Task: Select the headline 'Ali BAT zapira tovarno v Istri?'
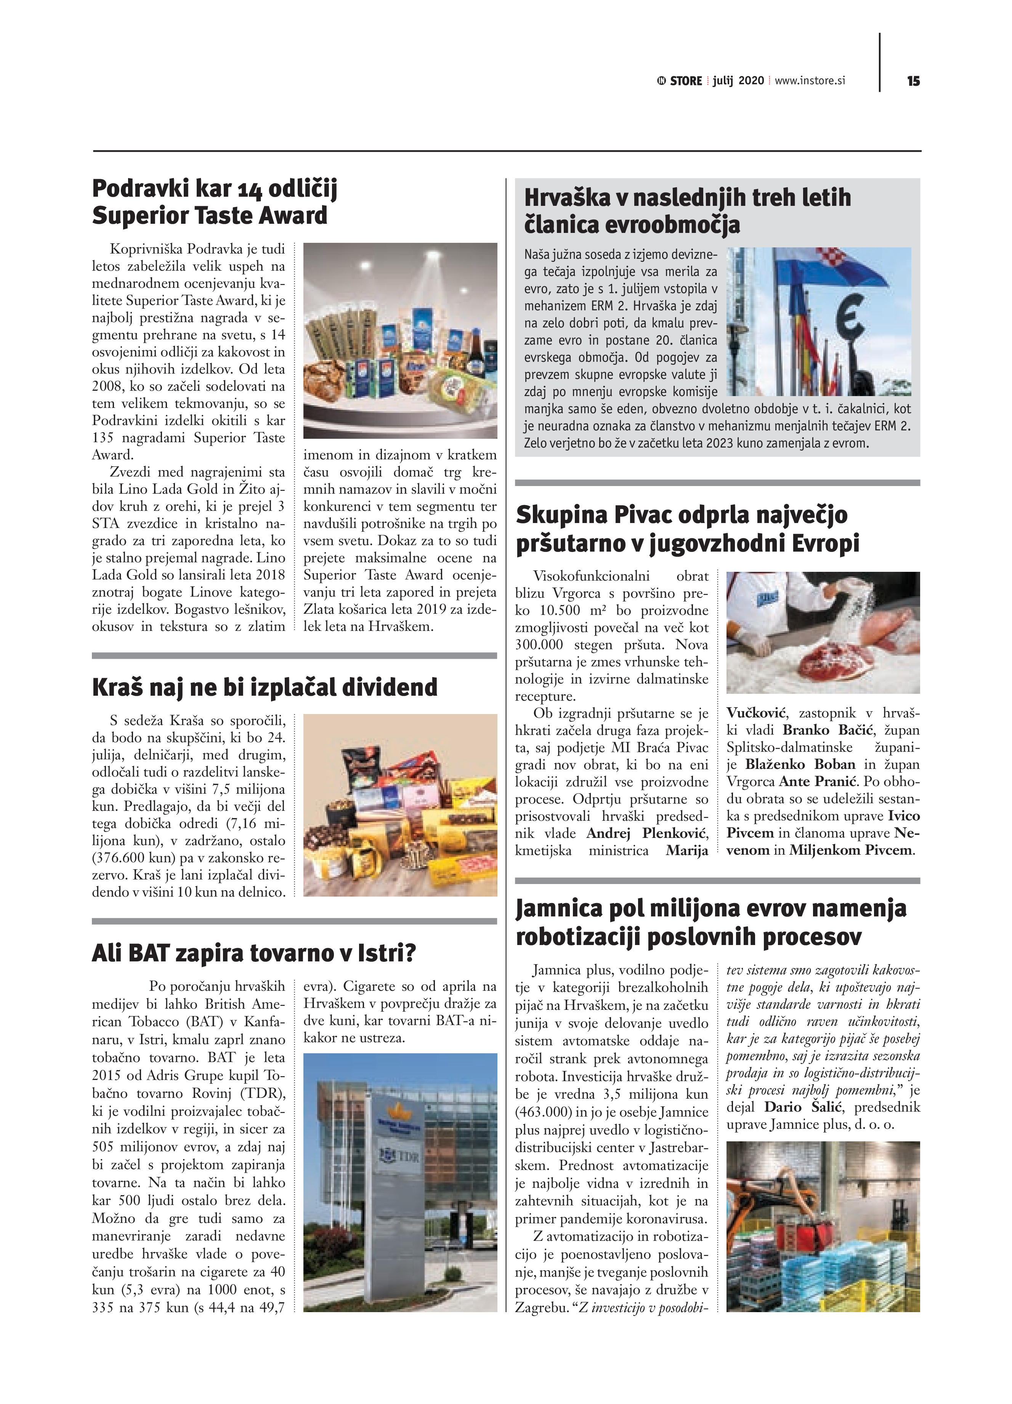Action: (x=254, y=953)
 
